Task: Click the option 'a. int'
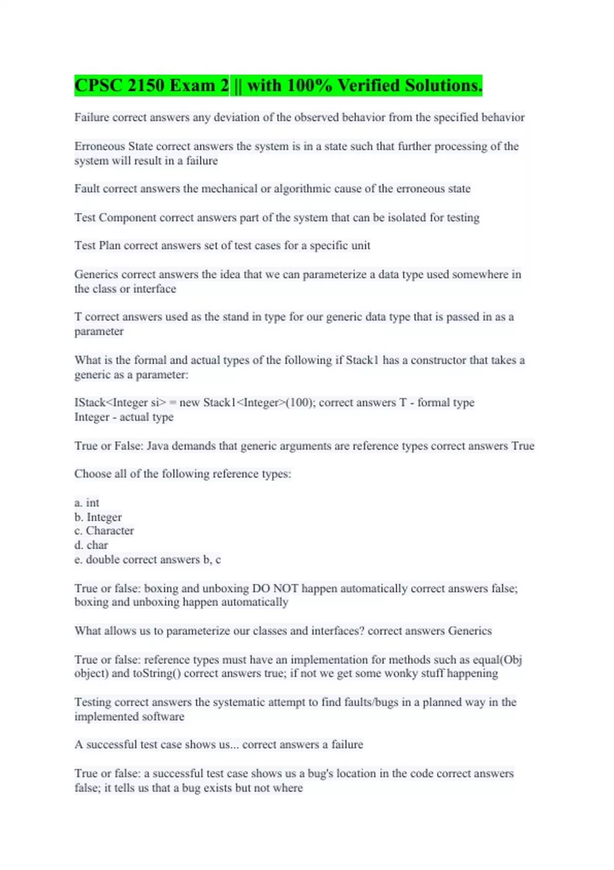click(87, 503)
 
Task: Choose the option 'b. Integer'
click(98, 517)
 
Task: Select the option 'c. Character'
click(104, 531)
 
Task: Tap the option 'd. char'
click(91, 545)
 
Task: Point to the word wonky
click(400, 673)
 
